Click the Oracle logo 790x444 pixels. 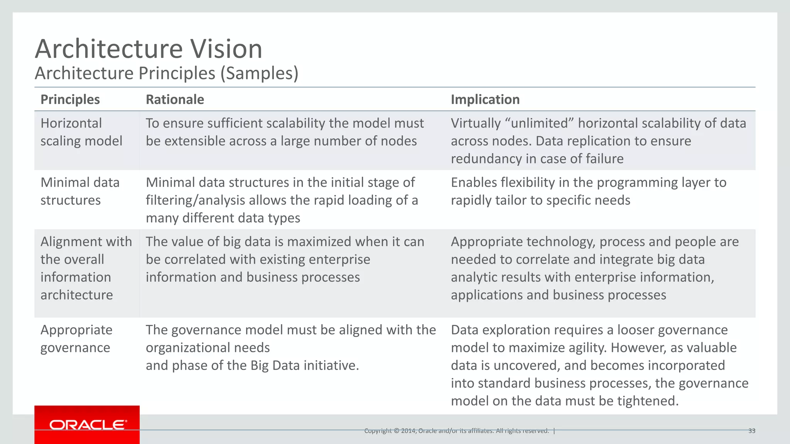point(88,425)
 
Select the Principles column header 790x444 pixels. point(70,99)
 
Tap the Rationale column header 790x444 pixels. point(175,99)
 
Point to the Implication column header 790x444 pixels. point(485,99)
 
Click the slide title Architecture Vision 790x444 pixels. point(149,49)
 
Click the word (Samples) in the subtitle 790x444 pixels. point(259,73)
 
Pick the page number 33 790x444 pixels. point(751,431)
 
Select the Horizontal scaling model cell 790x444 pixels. point(81,132)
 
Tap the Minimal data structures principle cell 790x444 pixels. point(80,191)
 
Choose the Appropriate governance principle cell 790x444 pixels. point(76,338)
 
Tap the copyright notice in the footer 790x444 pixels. point(457,431)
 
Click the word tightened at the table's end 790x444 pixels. point(647,401)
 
